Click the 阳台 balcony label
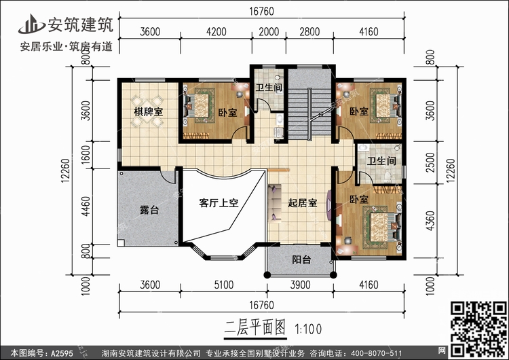click(x=301, y=259)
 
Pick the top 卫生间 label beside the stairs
click(x=269, y=88)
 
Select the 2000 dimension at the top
click(x=269, y=31)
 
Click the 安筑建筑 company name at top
click(x=81, y=24)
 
